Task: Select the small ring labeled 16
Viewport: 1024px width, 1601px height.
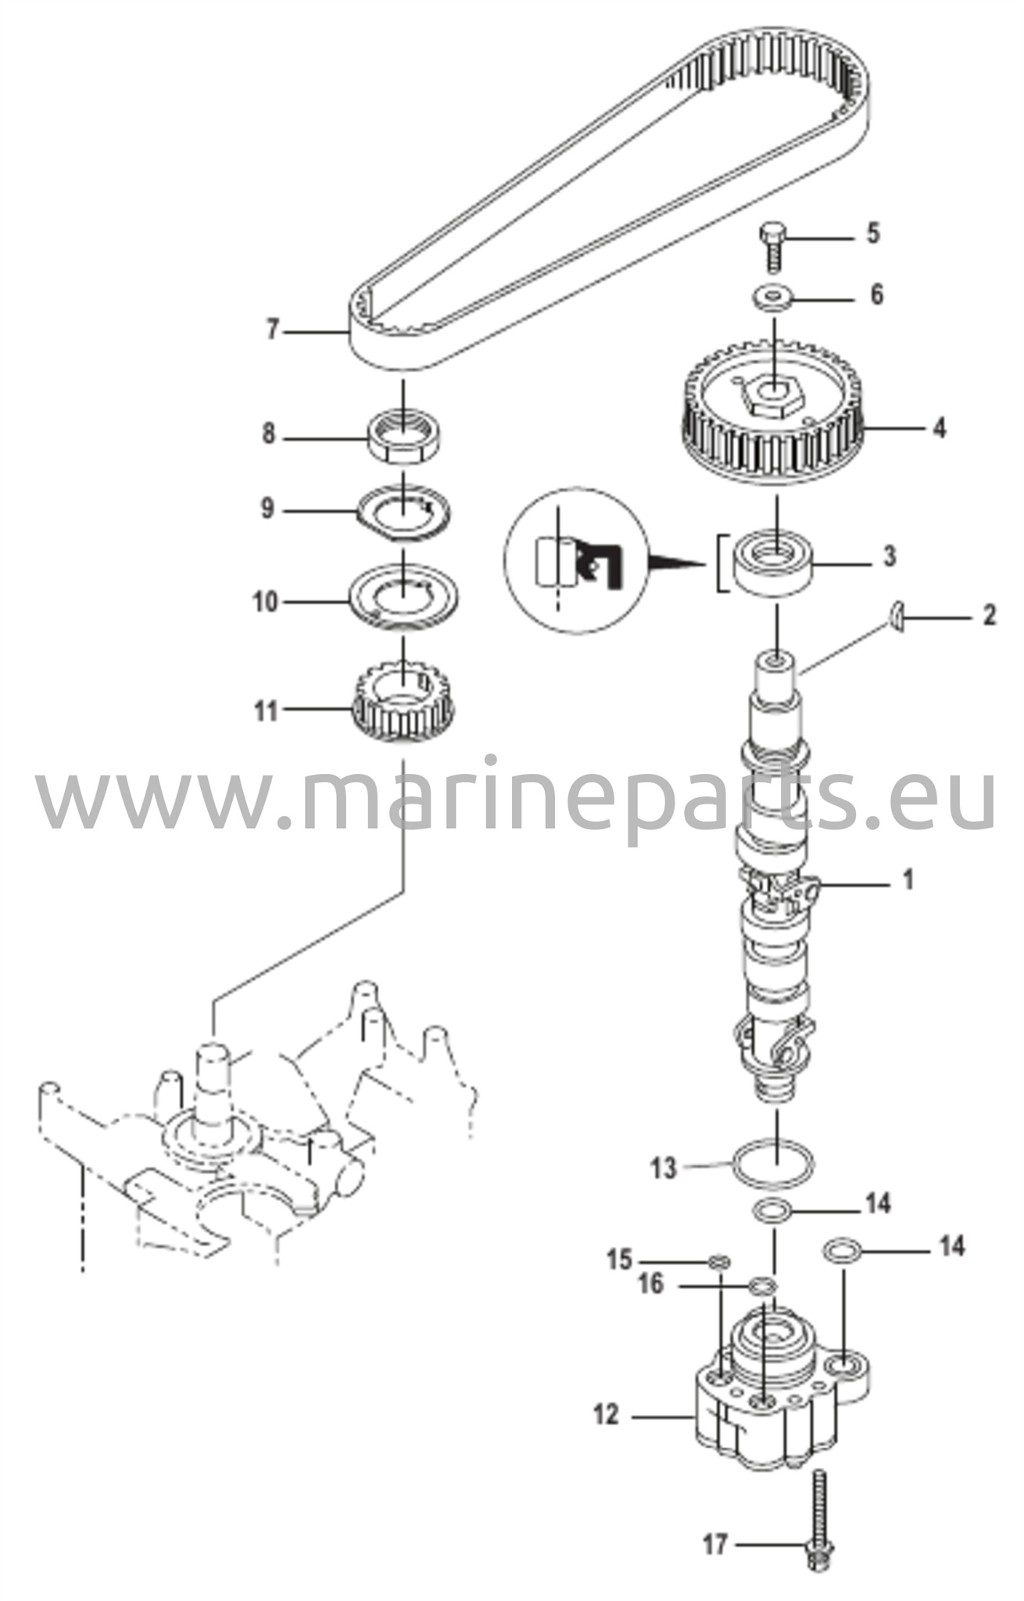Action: (x=762, y=1285)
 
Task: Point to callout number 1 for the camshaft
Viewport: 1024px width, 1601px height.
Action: (x=908, y=880)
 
